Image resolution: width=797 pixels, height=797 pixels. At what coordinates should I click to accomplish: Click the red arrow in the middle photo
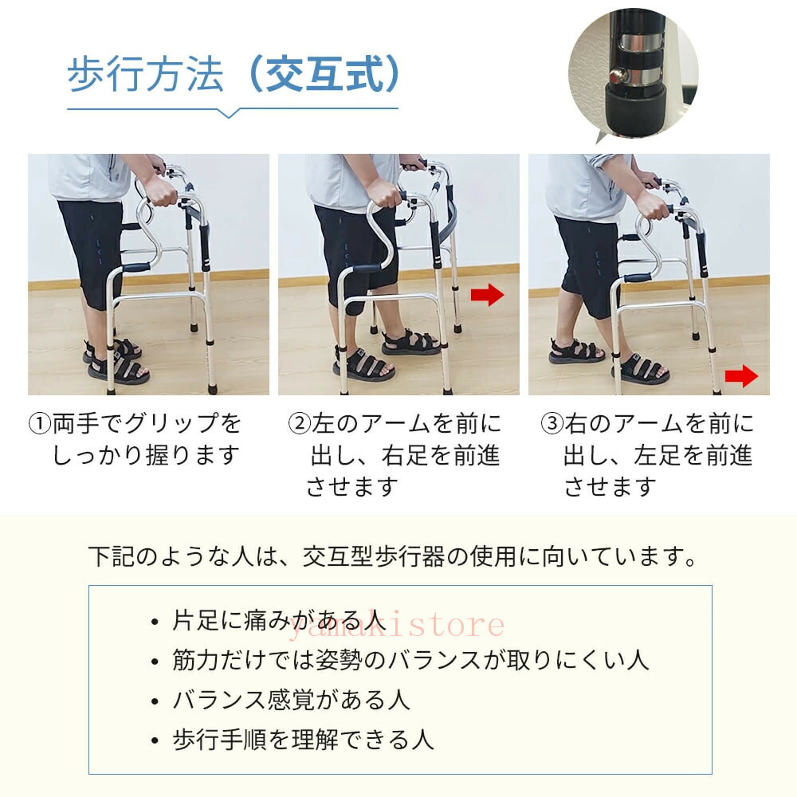click(487, 295)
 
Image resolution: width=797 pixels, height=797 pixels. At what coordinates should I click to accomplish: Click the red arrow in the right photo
click(741, 376)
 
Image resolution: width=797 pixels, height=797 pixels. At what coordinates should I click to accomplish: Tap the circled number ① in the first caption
click(40, 423)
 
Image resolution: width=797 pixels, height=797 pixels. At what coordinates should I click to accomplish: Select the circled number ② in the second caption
click(300, 423)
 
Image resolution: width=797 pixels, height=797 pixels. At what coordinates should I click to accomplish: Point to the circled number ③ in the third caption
click(552, 423)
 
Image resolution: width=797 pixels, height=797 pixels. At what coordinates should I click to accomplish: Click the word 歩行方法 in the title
click(145, 75)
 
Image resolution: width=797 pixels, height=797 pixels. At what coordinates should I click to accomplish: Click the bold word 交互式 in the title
click(324, 75)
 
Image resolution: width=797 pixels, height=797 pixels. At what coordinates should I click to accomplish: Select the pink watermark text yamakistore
click(396, 624)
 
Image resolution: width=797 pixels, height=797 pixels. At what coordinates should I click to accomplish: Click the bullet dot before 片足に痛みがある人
click(155, 622)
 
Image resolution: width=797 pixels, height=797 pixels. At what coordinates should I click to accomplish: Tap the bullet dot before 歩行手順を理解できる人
click(155, 741)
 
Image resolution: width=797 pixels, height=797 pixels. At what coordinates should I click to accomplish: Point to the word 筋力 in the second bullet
click(196, 660)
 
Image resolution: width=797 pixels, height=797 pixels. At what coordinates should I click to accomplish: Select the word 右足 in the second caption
click(405, 455)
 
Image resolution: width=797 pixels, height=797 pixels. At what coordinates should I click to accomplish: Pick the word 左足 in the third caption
click(658, 455)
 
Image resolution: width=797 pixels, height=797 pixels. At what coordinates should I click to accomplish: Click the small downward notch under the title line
click(230, 113)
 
